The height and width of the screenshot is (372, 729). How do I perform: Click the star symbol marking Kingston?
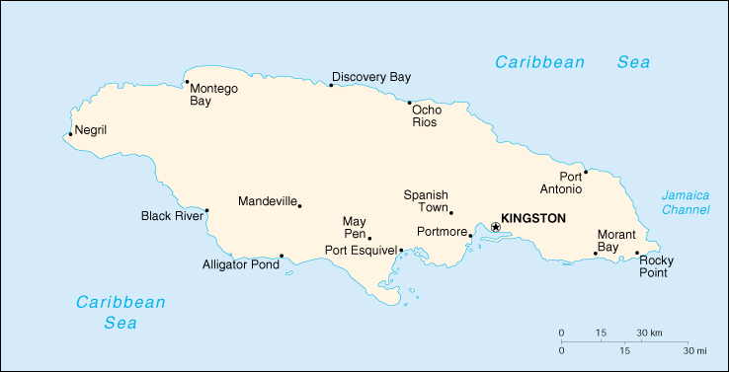pos(496,227)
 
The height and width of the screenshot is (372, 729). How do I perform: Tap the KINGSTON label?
pos(533,218)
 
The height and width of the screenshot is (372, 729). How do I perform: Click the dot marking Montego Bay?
pos(187,82)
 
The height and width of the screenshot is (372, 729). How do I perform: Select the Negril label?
pos(90,130)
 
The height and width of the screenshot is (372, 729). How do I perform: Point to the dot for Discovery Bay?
pos(331,85)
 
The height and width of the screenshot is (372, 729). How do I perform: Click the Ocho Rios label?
pos(427,115)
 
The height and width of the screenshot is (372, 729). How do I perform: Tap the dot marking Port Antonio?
pos(586,172)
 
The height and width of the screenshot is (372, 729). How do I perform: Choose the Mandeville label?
pos(267,201)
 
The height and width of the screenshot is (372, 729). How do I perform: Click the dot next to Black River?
pos(206,209)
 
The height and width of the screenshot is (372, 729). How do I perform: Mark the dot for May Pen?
pos(369,237)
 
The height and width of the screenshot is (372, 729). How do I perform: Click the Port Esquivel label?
pos(361,251)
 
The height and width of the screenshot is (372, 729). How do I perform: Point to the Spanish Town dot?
pos(451,212)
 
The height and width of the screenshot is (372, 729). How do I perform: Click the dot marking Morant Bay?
pos(595,254)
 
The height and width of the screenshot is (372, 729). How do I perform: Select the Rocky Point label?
pos(654,266)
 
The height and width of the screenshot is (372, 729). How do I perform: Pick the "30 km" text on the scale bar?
pos(649,333)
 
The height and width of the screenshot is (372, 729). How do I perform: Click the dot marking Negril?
pos(70,135)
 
